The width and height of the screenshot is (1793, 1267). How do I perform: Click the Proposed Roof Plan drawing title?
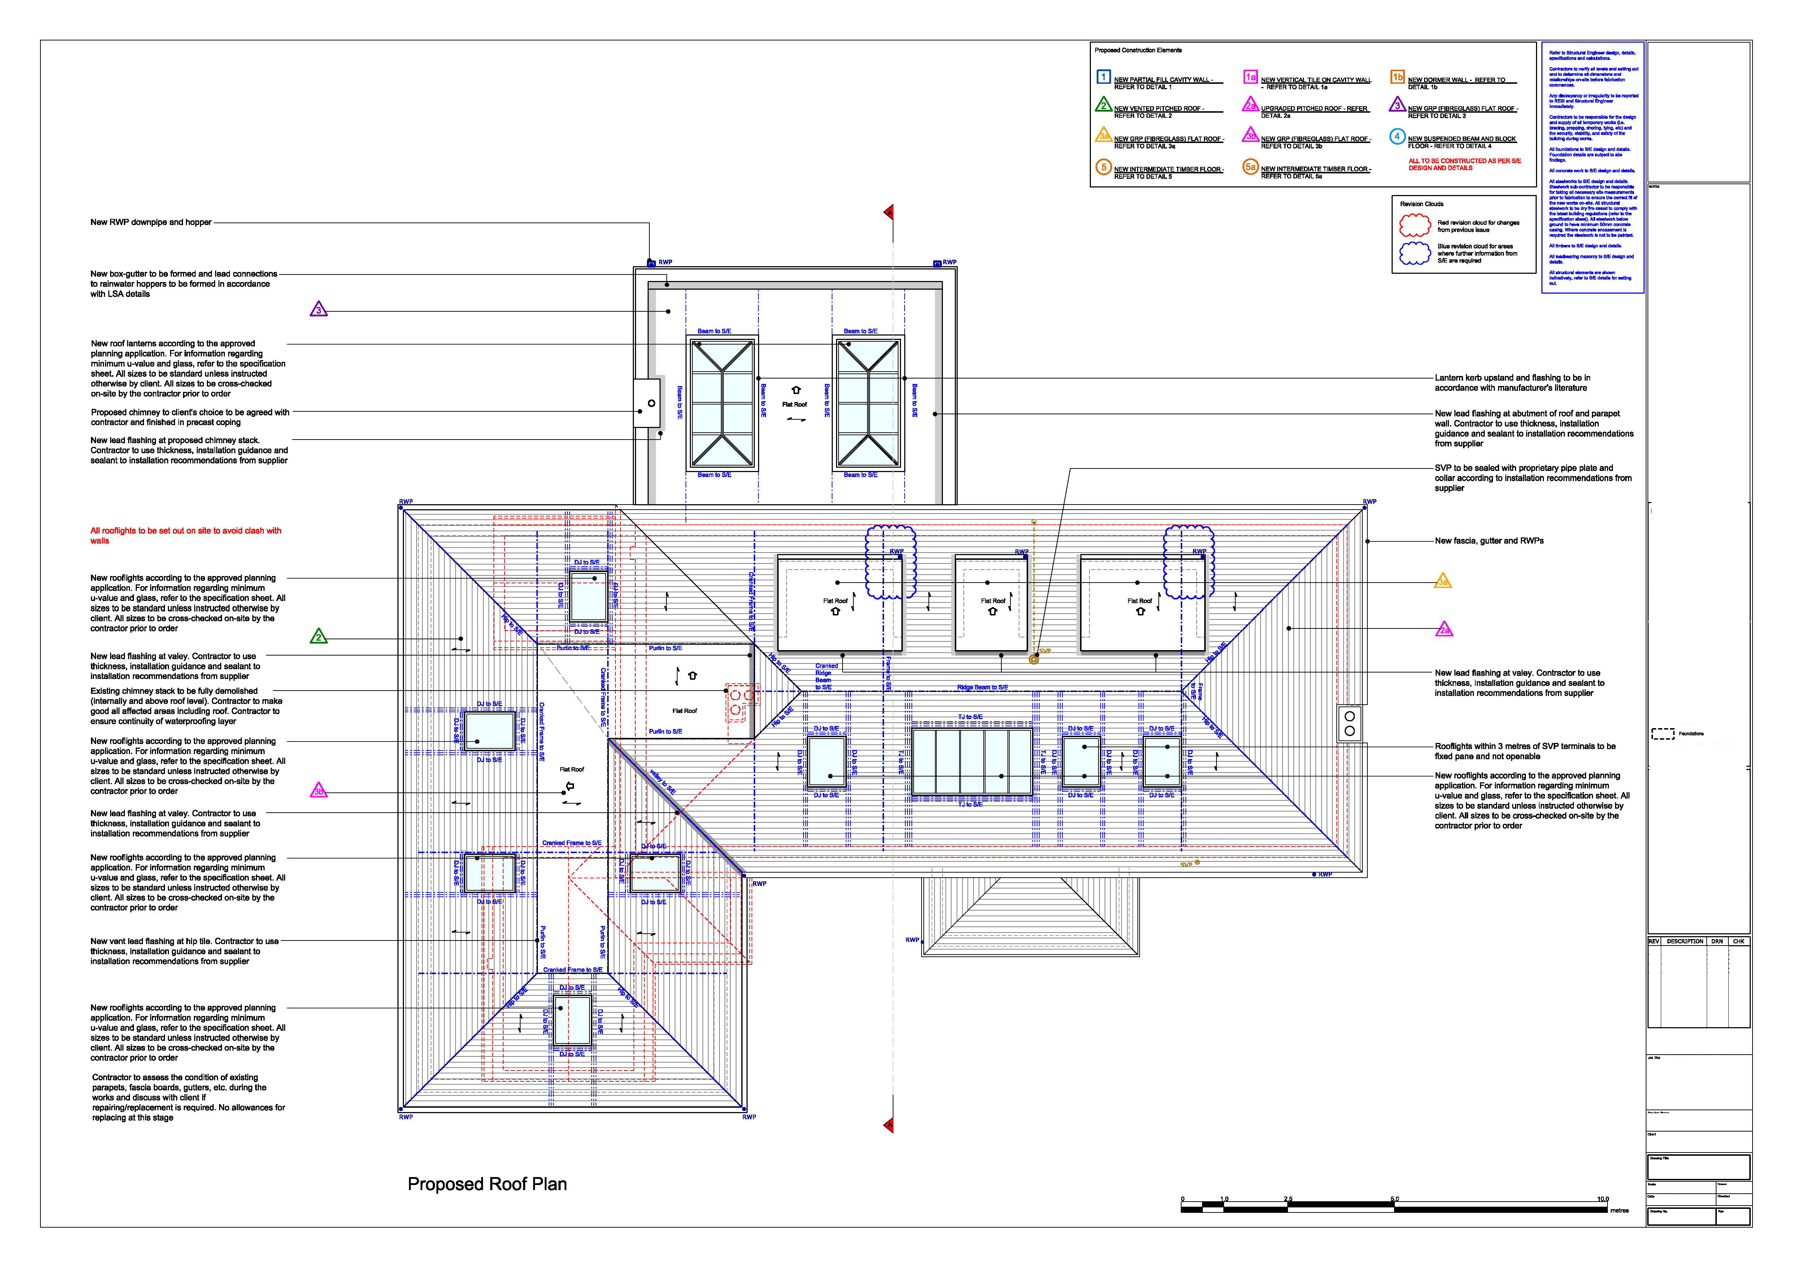[487, 1184]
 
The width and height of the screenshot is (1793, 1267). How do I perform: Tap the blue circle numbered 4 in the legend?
[1397, 136]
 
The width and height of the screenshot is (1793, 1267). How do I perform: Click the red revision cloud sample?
[1414, 226]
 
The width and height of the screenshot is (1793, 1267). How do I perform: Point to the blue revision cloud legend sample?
[1414, 253]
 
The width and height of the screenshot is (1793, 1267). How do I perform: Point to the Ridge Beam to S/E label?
[982, 687]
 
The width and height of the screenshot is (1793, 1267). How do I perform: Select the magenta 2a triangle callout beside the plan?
[1444, 630]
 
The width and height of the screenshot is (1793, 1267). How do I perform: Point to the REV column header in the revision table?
[1654, 941]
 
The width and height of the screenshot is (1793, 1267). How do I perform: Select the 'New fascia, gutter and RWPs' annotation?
[1488, 541]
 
